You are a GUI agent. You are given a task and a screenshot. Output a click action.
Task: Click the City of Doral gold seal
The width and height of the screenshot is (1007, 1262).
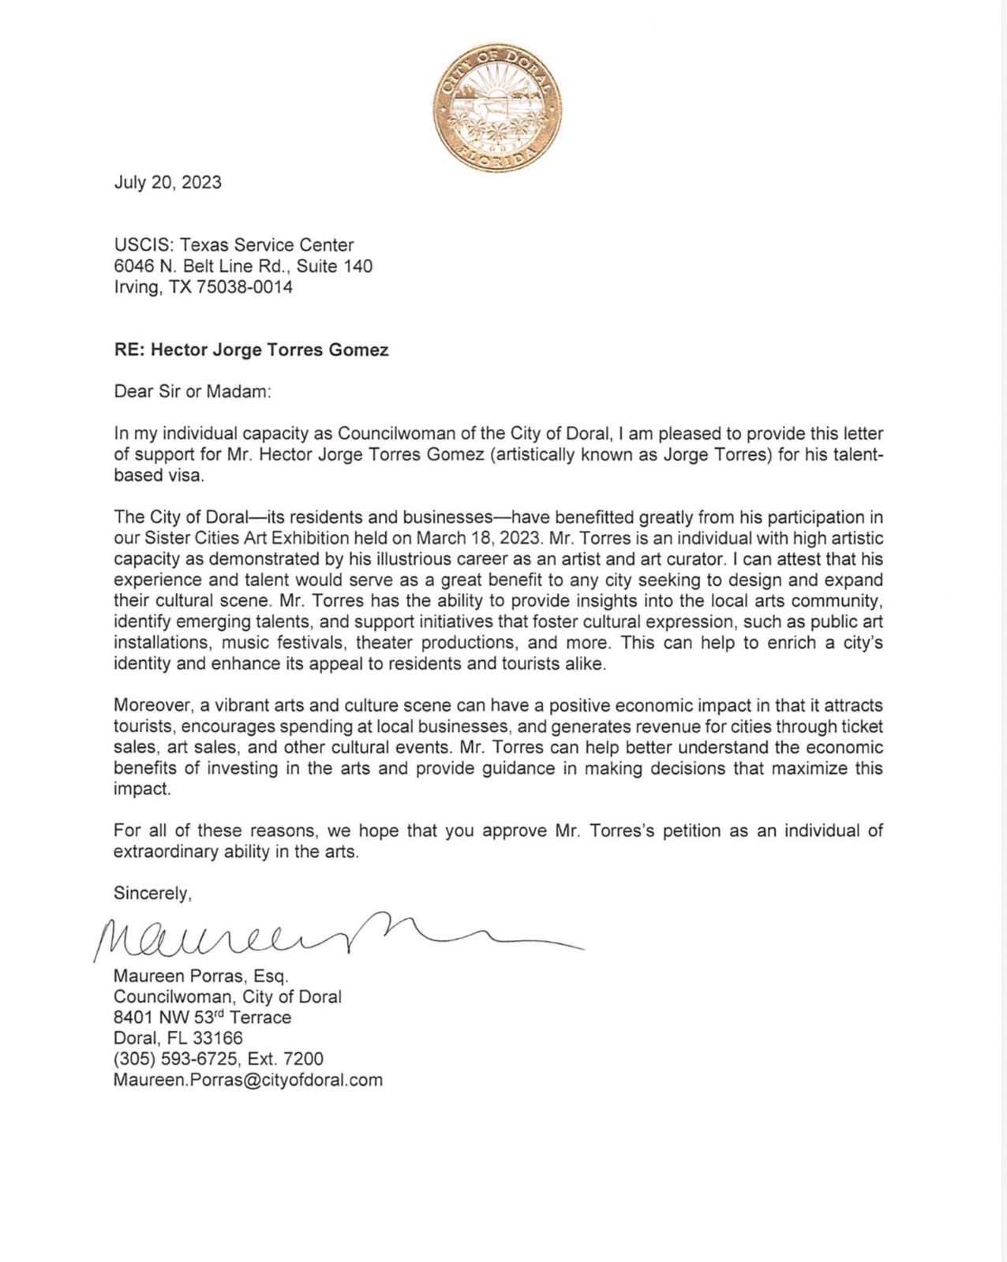coord(497,108)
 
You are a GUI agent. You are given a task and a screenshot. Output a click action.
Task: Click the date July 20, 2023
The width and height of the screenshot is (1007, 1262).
coord(167,182)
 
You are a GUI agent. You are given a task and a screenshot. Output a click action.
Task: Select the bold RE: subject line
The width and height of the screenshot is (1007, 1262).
coord(251,349)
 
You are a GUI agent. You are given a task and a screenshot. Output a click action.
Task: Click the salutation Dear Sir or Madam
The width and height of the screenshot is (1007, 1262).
coord(193,392)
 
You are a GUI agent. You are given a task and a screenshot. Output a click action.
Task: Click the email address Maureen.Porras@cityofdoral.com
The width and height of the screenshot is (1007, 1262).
coord(248,1080)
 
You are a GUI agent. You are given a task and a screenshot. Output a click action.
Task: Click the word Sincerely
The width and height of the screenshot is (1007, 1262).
coord(152,893)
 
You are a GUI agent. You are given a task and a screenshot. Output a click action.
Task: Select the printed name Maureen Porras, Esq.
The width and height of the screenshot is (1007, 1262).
coord(201,976)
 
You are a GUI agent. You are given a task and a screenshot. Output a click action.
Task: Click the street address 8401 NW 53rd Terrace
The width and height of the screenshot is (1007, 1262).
coord(202,1017)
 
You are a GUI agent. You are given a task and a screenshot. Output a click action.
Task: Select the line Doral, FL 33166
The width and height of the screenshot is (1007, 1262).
coord(178,1038)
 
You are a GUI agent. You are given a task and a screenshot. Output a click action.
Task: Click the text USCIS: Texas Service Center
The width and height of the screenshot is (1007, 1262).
coord(234,245)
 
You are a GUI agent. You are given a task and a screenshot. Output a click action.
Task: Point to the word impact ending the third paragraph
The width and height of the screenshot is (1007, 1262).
coord(141,789)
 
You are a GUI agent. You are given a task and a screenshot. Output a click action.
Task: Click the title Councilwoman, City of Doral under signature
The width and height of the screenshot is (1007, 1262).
coord(227,997)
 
